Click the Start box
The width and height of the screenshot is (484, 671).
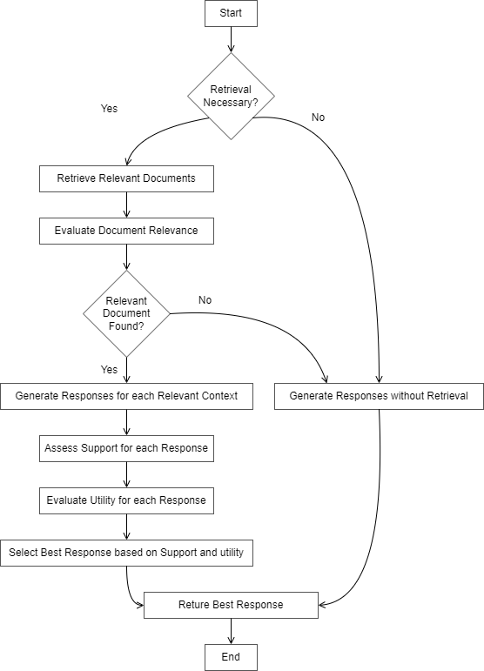pos(231,13)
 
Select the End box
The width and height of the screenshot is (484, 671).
pos(231,657)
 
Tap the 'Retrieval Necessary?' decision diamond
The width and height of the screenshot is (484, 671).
pos(231,96)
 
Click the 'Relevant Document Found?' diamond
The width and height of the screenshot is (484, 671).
pos(127,313)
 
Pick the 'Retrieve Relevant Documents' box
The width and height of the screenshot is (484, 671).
pos(126,178)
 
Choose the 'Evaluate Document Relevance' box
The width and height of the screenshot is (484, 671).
pos(126,231)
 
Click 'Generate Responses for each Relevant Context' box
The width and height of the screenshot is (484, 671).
pos(126,396)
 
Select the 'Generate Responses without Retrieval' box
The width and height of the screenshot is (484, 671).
pos(379,396)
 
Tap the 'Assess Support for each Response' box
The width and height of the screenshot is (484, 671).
pos(127,449)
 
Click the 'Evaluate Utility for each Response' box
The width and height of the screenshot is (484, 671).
pos(127,500)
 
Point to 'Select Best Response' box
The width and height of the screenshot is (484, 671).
pos(126,553)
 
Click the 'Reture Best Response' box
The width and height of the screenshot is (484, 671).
pos(231,605)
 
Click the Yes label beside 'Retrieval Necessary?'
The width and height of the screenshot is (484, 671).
pos(109,109)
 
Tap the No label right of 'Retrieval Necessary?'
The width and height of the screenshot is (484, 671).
pos(318,117)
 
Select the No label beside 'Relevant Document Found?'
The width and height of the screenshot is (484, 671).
pos(205,300)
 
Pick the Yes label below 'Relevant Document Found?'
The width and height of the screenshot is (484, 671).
pos(109,370)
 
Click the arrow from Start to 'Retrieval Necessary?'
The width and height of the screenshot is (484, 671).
pos(231,39)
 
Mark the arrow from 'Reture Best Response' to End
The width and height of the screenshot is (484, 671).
pos(231,631)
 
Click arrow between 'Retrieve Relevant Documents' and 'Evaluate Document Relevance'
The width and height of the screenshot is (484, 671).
pos(127,205)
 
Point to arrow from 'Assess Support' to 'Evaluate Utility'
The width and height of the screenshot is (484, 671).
pos(127,474)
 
